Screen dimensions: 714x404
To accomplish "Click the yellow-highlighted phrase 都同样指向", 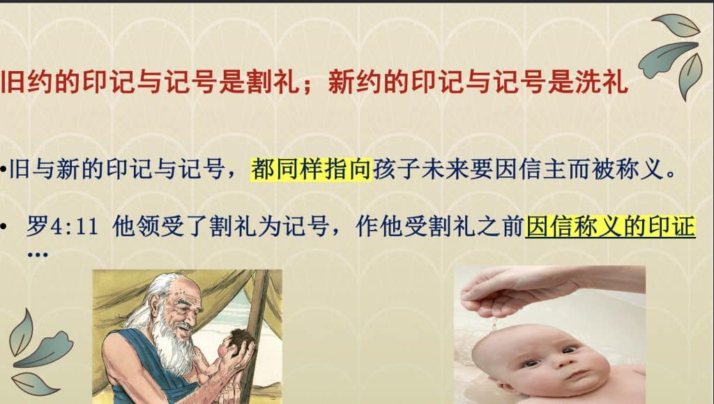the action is pos(312,169).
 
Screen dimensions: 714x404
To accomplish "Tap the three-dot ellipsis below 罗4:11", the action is pos(38,254).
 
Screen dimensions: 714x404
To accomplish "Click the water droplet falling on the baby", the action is pos(493,324).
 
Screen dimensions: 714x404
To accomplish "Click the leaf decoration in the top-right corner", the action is pos(671,54).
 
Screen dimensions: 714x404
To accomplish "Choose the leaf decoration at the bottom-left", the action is pos(39,352).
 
